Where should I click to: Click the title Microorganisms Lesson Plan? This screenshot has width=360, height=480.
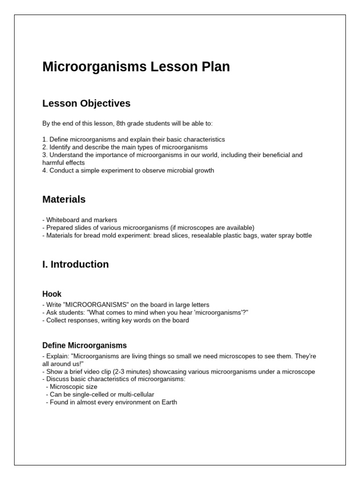[136, 67]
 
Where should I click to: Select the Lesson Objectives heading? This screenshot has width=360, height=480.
[86, 103]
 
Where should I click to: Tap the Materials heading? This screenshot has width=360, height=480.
[64, 199]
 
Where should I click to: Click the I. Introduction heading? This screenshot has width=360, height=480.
[75, 264]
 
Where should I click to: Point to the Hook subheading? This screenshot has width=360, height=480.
[52, 294]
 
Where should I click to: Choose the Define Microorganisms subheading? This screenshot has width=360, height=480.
[84, 345]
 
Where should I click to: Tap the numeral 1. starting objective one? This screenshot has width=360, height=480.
[45, 140]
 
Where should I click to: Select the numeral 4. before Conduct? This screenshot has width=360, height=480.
[45, 171]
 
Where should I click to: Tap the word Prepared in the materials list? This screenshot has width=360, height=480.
[60, 228]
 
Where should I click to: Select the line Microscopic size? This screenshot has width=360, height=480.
[74, 387]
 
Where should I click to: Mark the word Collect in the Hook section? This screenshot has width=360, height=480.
[57, 321]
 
